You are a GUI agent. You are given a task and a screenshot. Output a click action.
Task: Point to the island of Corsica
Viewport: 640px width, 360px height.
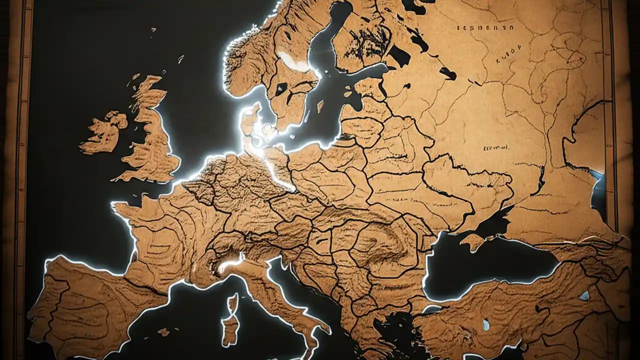click(x=232, y=302)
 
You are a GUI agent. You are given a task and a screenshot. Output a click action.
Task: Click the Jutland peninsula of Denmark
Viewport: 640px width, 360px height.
click(x=250, y=120)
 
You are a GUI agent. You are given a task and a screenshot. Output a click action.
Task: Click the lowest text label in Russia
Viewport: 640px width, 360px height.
click(x=496, y=148)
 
